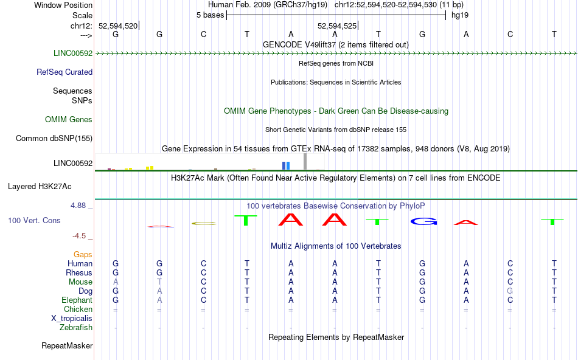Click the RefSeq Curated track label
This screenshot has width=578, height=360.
pos(64,72)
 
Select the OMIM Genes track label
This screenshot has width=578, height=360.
pos(69,119)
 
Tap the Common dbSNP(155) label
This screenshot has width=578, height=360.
pos(54,138)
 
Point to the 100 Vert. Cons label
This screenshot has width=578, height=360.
pos(35,220)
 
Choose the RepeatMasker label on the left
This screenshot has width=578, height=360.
pos(67,346)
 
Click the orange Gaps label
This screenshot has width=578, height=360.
pos(83,254)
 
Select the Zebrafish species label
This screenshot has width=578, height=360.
pos(76,327)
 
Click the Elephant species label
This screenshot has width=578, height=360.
pos(77,300)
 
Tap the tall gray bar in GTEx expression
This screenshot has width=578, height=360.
pos(305,161)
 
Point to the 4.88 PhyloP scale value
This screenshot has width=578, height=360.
pos(81,206)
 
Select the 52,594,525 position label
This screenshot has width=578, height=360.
pos(337,26)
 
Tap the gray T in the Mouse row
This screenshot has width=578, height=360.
pos(159,282)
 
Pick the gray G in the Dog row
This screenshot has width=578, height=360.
pos(510,291)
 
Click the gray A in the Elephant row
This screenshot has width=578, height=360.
pos(159,300)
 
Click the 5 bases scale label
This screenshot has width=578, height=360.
pos(210,15)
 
